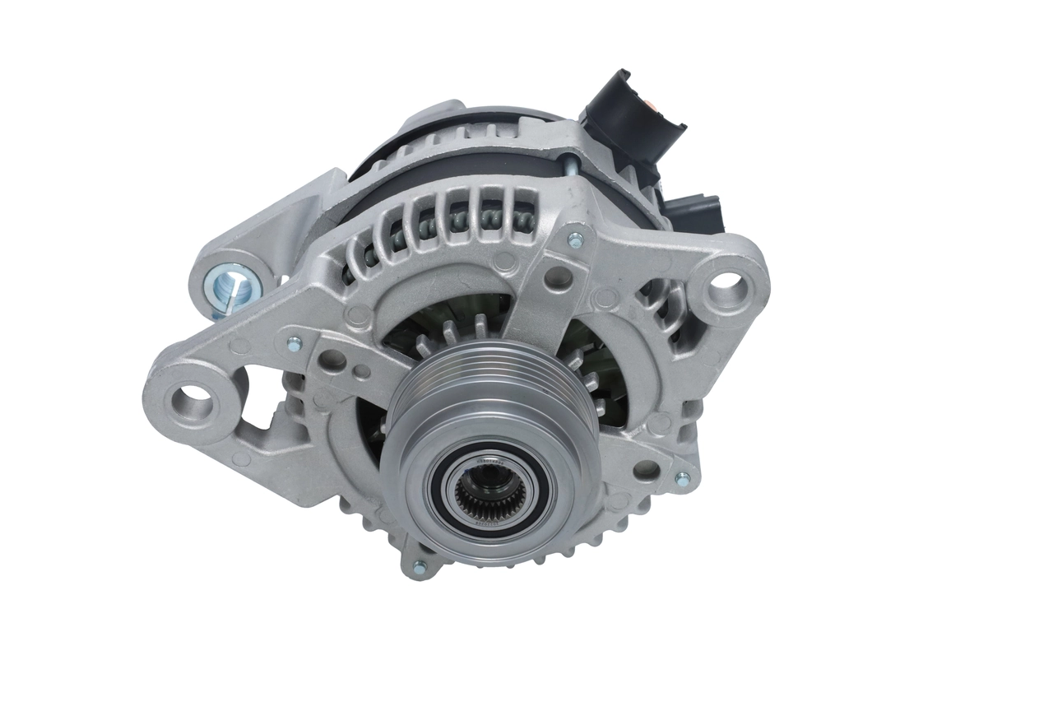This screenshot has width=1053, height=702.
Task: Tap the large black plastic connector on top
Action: point(632,123)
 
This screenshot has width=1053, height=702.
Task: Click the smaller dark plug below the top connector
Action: point(694,212)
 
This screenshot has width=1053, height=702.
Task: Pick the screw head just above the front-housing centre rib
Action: point(576,239)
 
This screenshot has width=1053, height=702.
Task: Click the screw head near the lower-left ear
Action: point(294,345)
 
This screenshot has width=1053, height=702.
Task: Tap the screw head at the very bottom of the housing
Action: point(419,567)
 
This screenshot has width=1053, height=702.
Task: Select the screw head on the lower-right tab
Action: point(682,478)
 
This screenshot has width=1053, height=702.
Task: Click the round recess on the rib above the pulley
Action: point(559,277)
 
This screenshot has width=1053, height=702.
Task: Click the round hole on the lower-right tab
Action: point(647,470)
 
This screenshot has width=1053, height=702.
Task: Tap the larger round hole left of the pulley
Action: point(332,359)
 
